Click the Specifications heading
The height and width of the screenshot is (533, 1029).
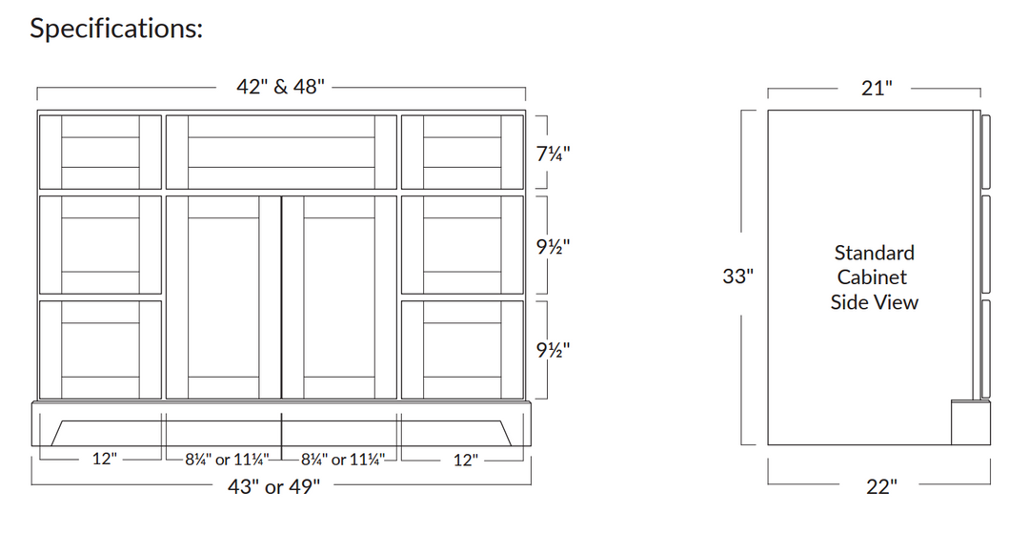(116, 29)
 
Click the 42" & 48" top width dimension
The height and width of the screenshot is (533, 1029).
(280, 87)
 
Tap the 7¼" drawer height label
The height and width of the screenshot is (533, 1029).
(554, 153)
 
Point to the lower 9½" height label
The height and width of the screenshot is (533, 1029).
(554, 349)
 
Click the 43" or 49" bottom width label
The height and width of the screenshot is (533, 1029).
(273, 487)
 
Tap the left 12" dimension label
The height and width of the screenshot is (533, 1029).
(105, 460)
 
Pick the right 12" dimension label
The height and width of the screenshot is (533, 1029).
(465, 460)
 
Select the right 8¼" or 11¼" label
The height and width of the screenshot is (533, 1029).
(341, 460)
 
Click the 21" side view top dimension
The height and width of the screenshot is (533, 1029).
(876, 89)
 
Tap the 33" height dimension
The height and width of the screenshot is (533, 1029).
(738, 277)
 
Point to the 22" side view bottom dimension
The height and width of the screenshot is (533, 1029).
(881, 487)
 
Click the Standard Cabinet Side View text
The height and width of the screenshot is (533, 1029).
(874, 277)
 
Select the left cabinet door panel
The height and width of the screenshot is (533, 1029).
(223, 297)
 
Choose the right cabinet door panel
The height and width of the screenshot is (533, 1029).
(339, 297)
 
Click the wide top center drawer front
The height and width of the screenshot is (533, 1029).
(281, 153)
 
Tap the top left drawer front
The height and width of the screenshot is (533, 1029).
(100, 153)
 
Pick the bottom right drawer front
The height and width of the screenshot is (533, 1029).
(462, 350)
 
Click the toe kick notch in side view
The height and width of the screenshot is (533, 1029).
(969, 422)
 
